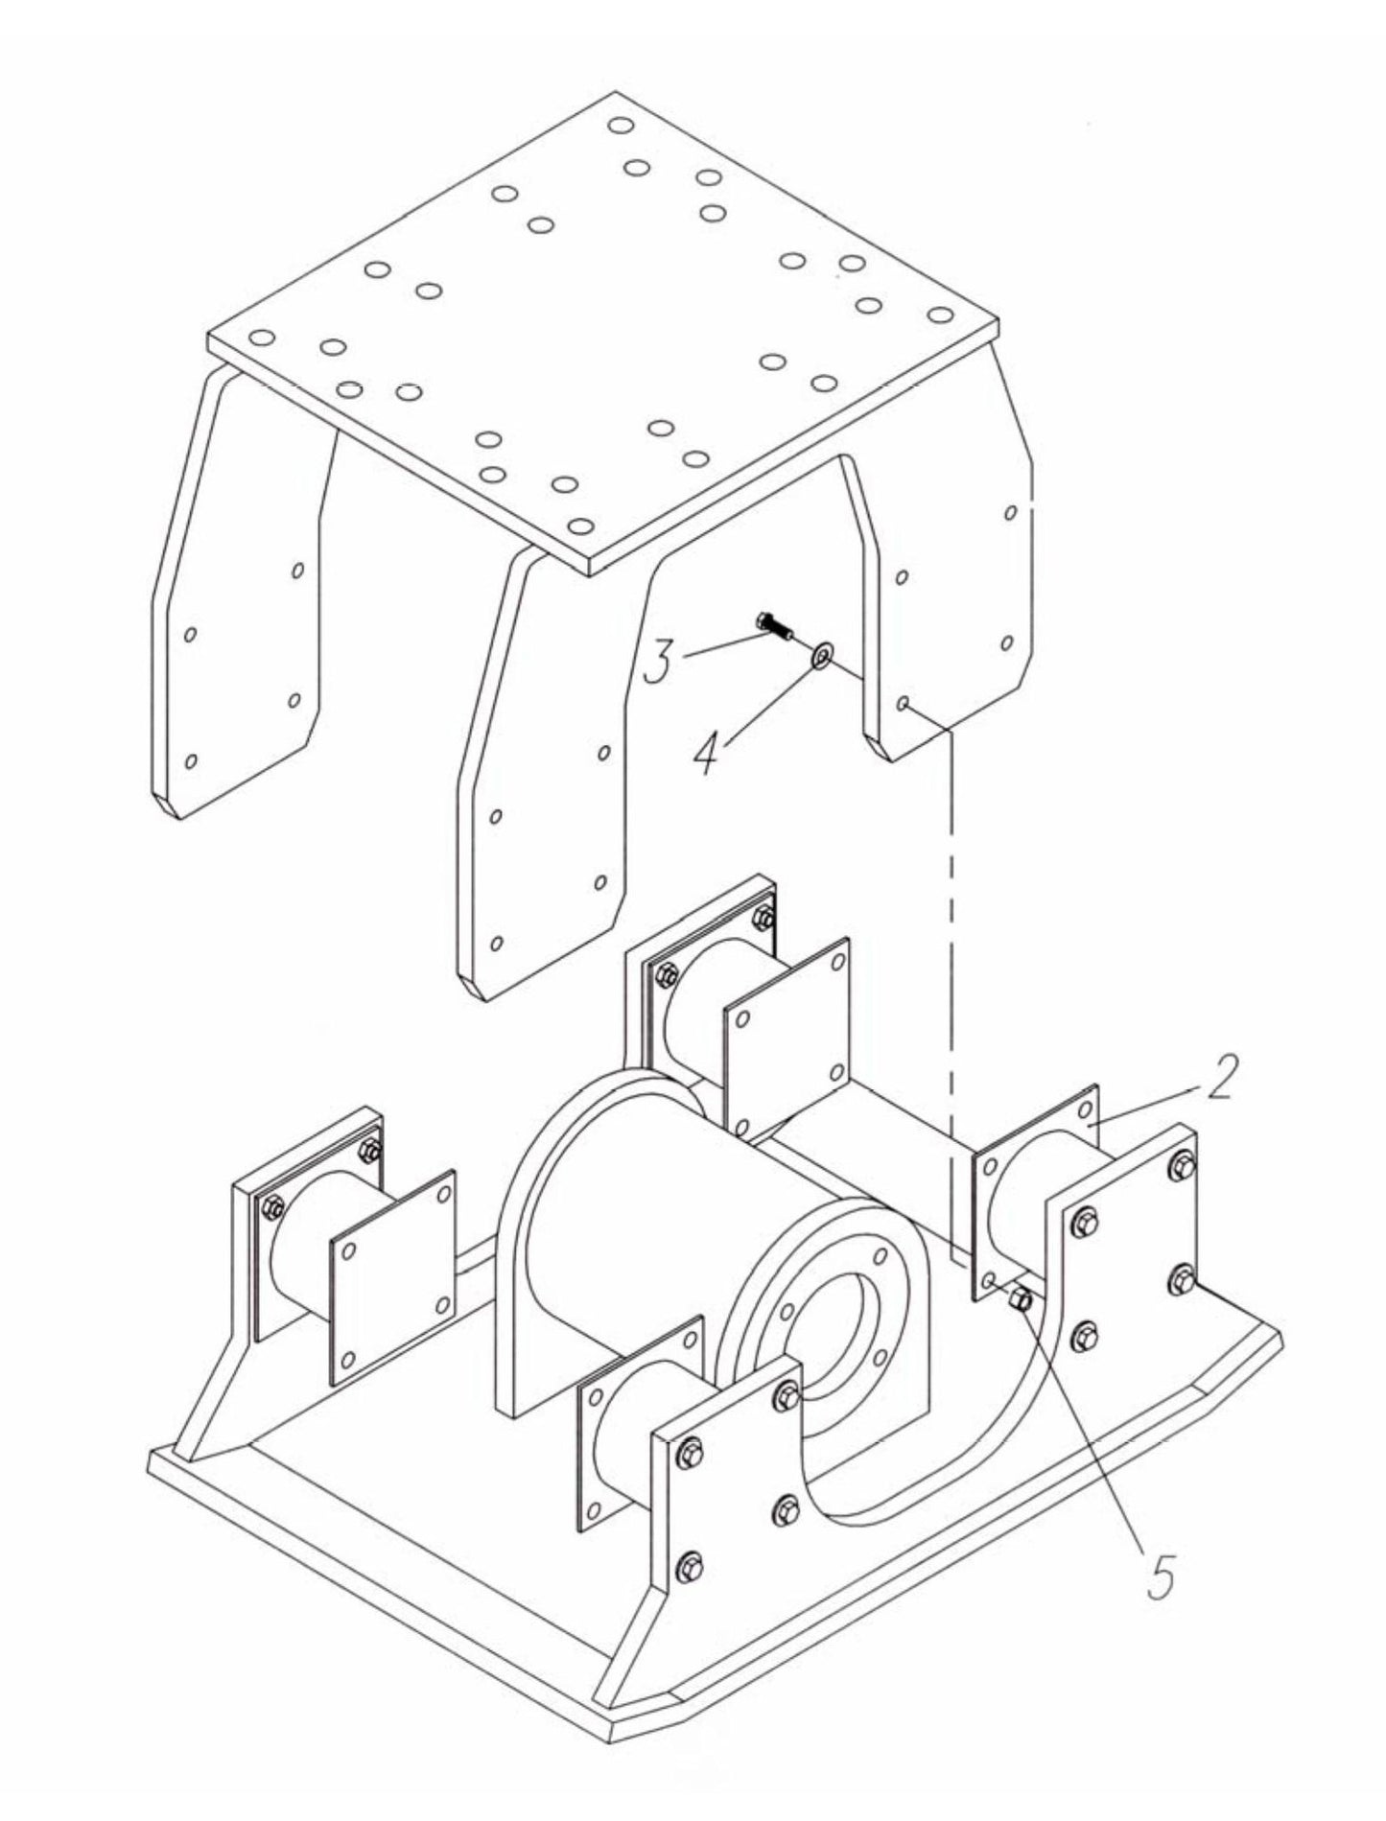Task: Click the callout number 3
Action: click(x=659, y=662)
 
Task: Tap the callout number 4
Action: click(x=707, y=754)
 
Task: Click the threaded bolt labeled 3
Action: click(x=773, y=626)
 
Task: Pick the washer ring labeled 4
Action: click(x=822, y=657)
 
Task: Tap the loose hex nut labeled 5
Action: click(x=1021, y=1300)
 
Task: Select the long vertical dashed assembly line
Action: click(x=951, y=959)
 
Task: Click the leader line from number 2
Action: click(x=1151, y=1105)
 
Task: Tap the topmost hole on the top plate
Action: click(x=621, y=125)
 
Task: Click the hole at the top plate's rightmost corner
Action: click(x=940, y=315)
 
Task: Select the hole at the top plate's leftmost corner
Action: click(x=262, y=338)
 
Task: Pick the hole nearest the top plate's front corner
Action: click(x=579, y=525)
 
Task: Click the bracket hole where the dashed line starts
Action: click(x=903, y=703)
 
